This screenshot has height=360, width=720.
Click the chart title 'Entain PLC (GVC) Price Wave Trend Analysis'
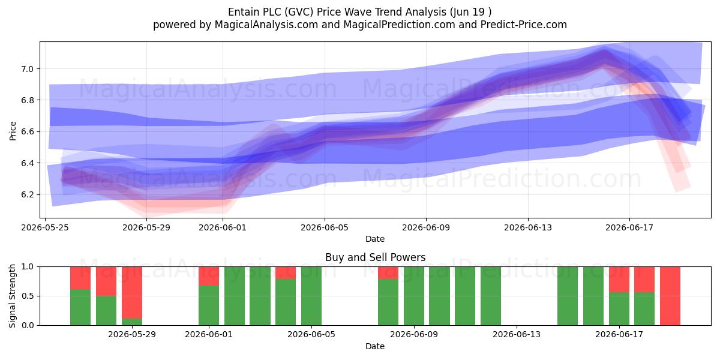point(337,12)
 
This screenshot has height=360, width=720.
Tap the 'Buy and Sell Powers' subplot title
point(375,257)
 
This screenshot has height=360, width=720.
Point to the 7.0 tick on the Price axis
point(28,69)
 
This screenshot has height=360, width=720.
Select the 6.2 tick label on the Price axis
point(28,194)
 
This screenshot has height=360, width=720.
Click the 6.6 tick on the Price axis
point(28,132)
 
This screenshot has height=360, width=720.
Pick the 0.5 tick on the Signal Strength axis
point(28,296)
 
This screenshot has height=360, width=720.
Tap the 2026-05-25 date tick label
point(45,227)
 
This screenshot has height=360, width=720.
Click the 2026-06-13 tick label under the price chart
point(528,227)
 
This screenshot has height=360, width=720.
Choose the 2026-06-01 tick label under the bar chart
point(209,334)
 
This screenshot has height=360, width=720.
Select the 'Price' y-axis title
point(13,131)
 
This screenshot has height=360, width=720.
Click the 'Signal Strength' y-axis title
point(12,296)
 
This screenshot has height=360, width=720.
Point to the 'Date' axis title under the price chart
point(375,239)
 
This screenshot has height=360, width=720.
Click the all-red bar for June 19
point(670,296)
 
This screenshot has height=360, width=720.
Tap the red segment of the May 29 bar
point(132,293)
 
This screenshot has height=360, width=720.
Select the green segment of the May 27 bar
point(80,307)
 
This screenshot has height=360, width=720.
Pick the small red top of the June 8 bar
point(388,273)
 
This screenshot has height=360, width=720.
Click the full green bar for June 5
point(311,296)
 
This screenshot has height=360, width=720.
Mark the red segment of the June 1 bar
point(209,276)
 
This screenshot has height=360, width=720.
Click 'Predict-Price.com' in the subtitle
point(524,25)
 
